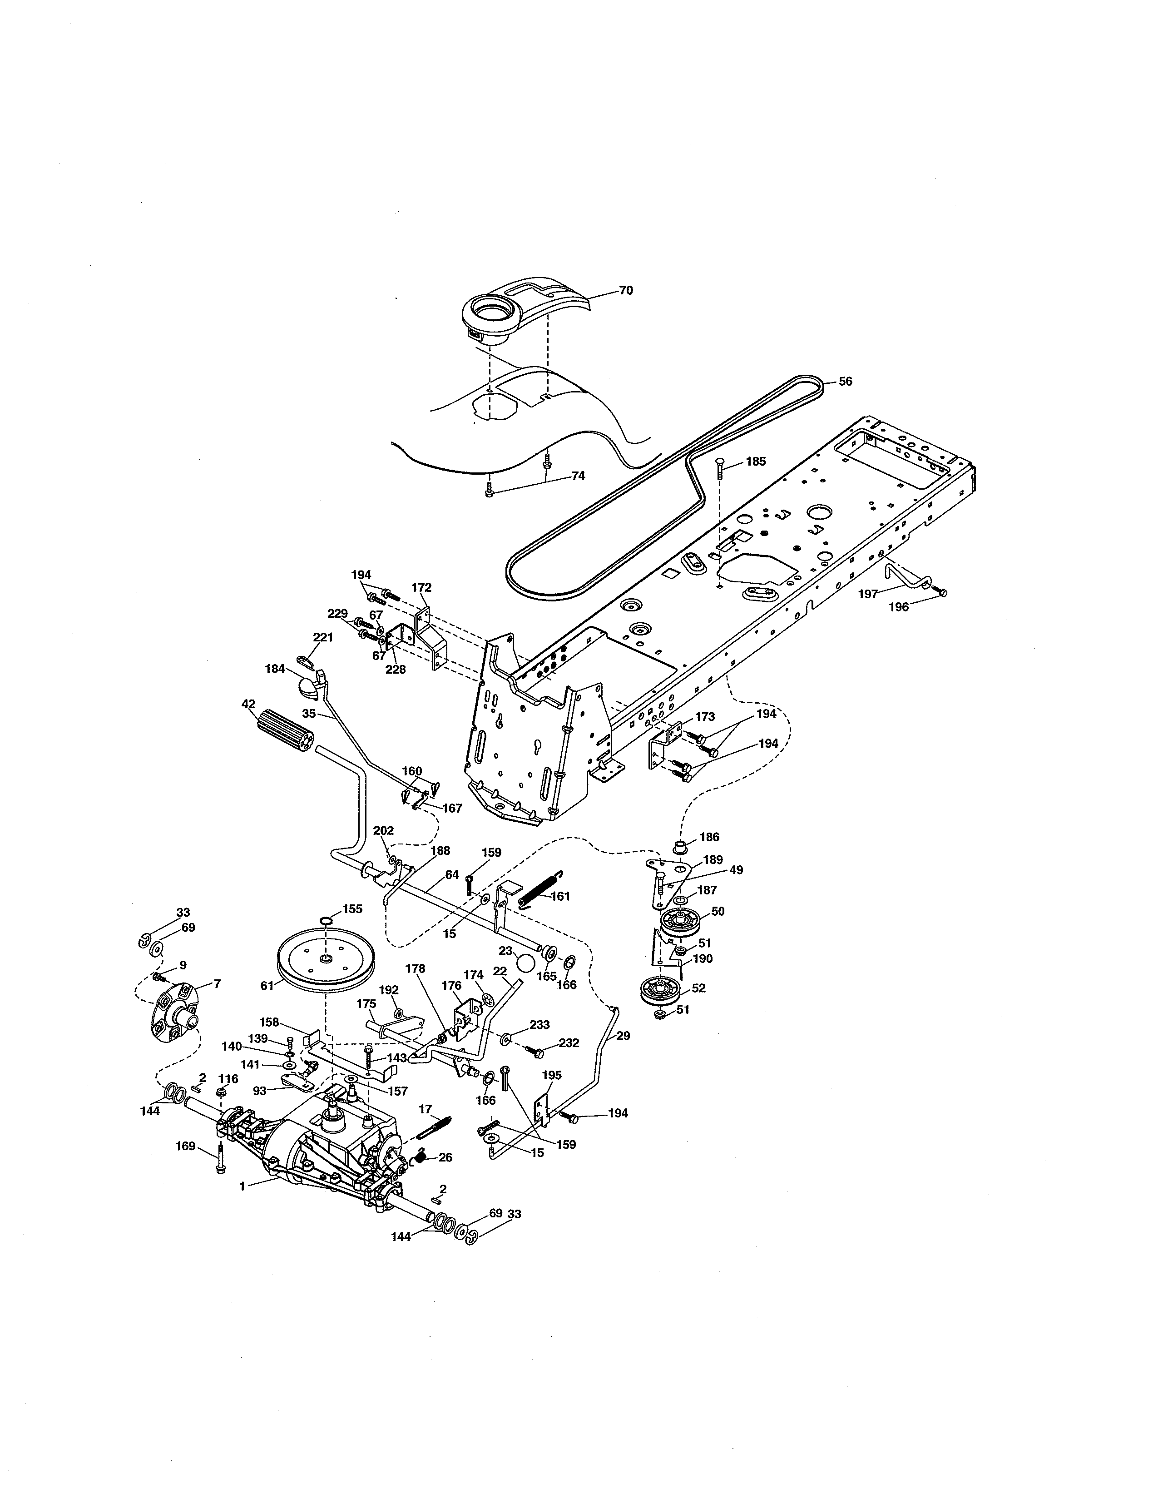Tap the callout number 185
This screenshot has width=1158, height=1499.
(x=755, y=462)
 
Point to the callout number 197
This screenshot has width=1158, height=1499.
(x=868, y=595)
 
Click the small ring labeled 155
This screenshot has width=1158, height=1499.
(x=327, y=920)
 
